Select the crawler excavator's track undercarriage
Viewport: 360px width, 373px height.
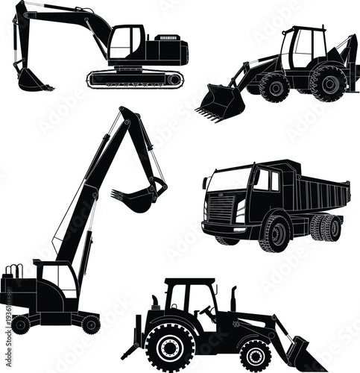point(134,78)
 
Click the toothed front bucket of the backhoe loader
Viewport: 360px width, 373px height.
point(221,102)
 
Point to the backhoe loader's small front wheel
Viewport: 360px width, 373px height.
point(274,87)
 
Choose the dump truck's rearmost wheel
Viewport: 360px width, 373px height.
point(330,227)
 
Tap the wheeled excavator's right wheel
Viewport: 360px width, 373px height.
point(90,323)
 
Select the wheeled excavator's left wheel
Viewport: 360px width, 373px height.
point(21,325)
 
